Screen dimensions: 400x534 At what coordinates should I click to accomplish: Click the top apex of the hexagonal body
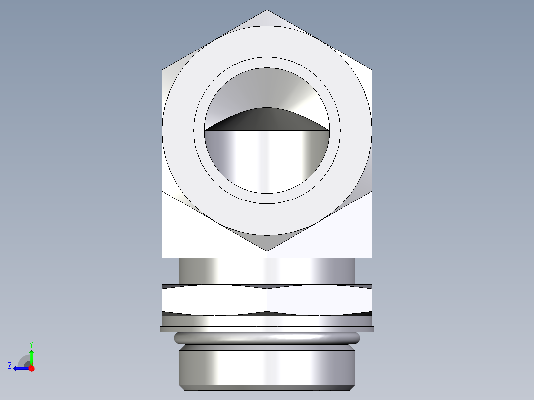click(267, 11)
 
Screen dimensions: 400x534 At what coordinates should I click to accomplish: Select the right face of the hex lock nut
click(320, 300)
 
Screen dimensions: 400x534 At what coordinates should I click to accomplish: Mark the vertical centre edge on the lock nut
click(267, 300)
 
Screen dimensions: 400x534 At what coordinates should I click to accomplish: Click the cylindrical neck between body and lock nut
click(267, 271)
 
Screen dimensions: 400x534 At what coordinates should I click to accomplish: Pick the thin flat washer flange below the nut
click(267, 329)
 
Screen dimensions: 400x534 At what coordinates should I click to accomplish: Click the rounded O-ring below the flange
click(267, 338)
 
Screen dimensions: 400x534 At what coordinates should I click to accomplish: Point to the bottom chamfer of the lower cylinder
click(267, 388)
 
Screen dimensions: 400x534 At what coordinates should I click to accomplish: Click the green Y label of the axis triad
click(31, 344)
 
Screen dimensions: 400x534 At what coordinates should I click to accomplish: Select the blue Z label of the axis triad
click(10, 366)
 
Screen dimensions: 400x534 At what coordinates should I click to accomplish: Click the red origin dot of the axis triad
click(31, 368)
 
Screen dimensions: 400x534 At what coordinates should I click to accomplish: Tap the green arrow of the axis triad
click(31, 356)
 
